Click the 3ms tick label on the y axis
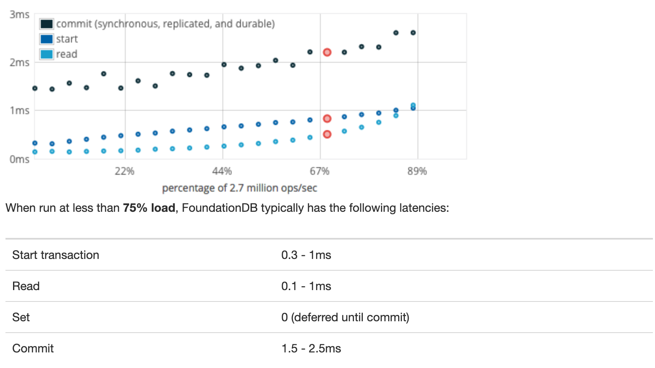[x=19, y=15]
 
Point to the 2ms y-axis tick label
[x=19, y=63]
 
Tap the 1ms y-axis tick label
[x=19, y=111]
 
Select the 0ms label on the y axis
[x=19, y=159]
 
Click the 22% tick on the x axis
[x=124, y=171]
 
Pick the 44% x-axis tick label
[x=222, y=171]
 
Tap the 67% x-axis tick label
[x=320, y=171]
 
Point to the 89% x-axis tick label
[x=417, y=171]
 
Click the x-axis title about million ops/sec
[x=239, y=188]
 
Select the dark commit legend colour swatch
[x=47, y=24]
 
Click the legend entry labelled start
[x=67, y=39]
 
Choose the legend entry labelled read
[x=66, y=54]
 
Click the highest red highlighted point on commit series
[x=327, y=52]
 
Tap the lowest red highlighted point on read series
[x=327, y=134]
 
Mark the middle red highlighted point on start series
[x=327, y=119]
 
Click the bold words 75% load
[x=149, y=208]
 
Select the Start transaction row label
[x=55, y=255]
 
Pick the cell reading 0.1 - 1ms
[x=306, y=286]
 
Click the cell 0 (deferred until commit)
[x=345, y=317]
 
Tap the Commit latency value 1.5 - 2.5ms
[x=311, y=349]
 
